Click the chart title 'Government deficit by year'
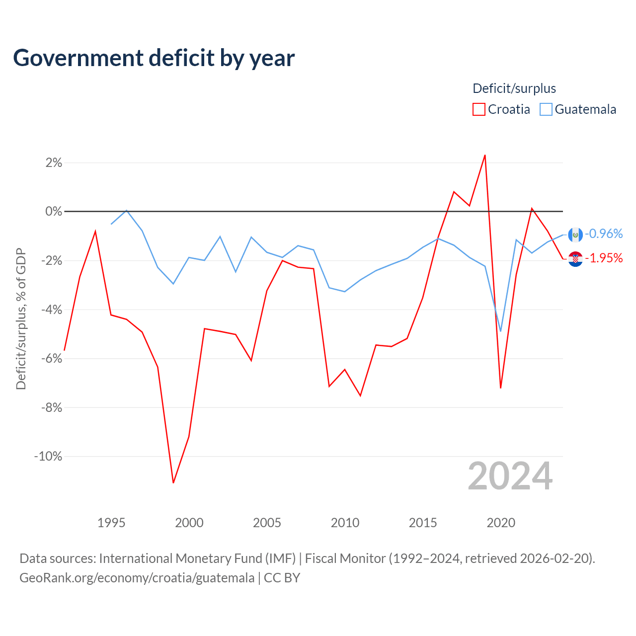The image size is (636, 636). pos(154,58)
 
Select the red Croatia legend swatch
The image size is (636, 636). pos(478,109)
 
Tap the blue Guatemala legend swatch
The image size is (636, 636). pos(546,109)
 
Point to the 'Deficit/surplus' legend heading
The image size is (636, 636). pos(514,88)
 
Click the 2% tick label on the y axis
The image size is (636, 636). pos(54,162)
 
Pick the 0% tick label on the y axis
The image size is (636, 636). pos(54,211)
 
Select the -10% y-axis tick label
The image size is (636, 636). pos(48,457)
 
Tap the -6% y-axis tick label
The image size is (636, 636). pos(52,358)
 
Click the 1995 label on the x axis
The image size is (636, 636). pos(111,523)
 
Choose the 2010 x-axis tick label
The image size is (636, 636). pos(345,523)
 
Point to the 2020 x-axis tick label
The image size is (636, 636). pos(501,523)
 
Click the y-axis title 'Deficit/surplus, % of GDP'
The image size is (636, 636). pos(21,319)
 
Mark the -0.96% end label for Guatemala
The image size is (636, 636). pos(604,234)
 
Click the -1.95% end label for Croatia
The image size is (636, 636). pos(604,258)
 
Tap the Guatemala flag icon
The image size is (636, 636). pos(575,235)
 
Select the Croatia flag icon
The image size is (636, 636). pos(575,259)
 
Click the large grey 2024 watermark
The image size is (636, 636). pos(510,476)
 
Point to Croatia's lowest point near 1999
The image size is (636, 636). pos(173,482)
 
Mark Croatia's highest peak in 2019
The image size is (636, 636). pos(485,155)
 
